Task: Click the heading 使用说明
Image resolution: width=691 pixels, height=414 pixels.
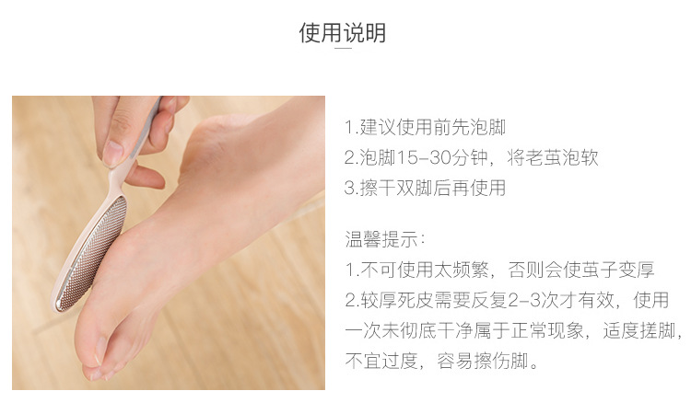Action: (343, 32)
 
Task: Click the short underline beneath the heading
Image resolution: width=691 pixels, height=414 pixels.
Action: (343, 48)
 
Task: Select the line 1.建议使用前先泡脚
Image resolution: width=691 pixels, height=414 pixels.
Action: (425, 128)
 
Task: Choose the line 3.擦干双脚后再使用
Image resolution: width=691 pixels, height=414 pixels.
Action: (425, 189)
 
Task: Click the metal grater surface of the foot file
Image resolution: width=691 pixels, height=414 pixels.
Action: (91, 254)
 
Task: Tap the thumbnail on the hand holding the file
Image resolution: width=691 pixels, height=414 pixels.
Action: (112, 153)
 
